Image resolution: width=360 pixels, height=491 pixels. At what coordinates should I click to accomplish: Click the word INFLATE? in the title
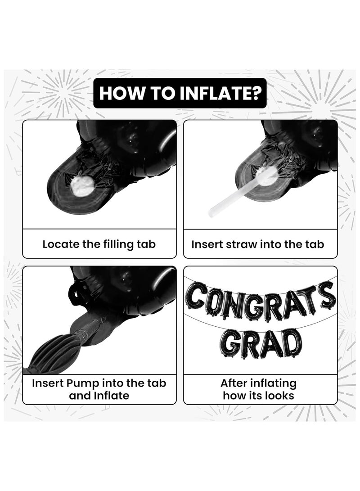coord(218,93)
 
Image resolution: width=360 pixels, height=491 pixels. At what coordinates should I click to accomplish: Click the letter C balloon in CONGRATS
coord(195,300)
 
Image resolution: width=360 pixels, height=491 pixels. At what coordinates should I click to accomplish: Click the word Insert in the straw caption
coord(206,244)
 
